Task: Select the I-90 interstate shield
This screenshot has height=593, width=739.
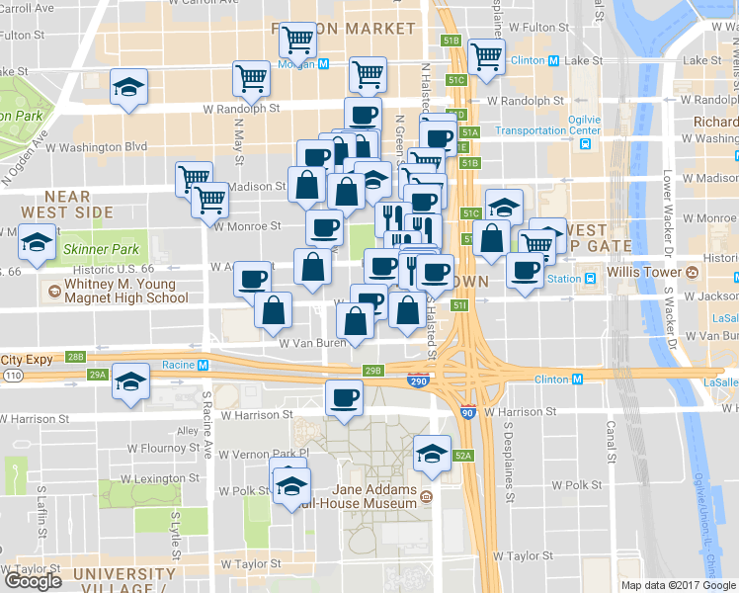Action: (x=467, y=412)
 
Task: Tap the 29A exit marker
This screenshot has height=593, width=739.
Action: (x=96, y=375)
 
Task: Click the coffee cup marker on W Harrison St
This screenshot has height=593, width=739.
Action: (x=344, y=398)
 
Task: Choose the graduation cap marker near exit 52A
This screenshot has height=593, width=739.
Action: (x=432, y=454)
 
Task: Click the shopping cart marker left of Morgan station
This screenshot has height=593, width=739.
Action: (x=252, y=78)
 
